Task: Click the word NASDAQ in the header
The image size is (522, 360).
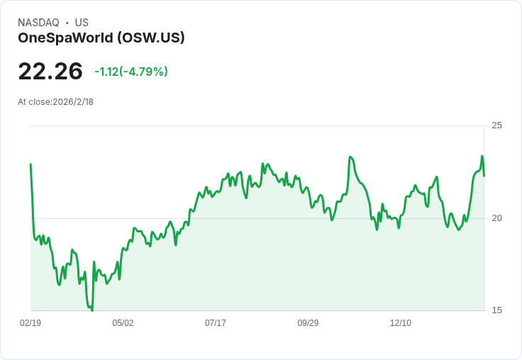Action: pos(38,23)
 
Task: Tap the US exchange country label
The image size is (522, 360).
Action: pos(82,23)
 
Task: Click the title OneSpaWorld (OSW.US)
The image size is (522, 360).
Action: pos(101,38)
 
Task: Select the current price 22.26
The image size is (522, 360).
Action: pos(50,71)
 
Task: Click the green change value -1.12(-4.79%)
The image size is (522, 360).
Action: pos(131,72)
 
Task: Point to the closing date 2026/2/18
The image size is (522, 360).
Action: pos(73,102)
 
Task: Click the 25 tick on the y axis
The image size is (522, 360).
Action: pos(497,125)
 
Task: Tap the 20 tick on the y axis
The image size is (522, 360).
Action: pos(497,218)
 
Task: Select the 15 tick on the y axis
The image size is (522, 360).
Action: pos(497,310)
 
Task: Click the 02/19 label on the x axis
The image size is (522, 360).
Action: pos(30,323)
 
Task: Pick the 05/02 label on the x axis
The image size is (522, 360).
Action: pos(123,323)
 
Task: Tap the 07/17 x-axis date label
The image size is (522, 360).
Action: pos(216,323)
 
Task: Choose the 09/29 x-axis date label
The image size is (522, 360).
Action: pos(308,323)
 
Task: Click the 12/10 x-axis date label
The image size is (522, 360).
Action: pos(401,323)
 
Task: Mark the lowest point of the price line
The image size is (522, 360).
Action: pos(92,310)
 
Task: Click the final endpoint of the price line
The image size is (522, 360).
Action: pos(484,176)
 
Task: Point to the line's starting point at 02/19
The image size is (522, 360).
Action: pos(30,164)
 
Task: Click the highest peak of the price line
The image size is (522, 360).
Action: pos(482,156)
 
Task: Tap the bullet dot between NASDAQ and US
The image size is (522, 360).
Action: pos(67,23)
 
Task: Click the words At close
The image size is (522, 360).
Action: pos(34,102)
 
